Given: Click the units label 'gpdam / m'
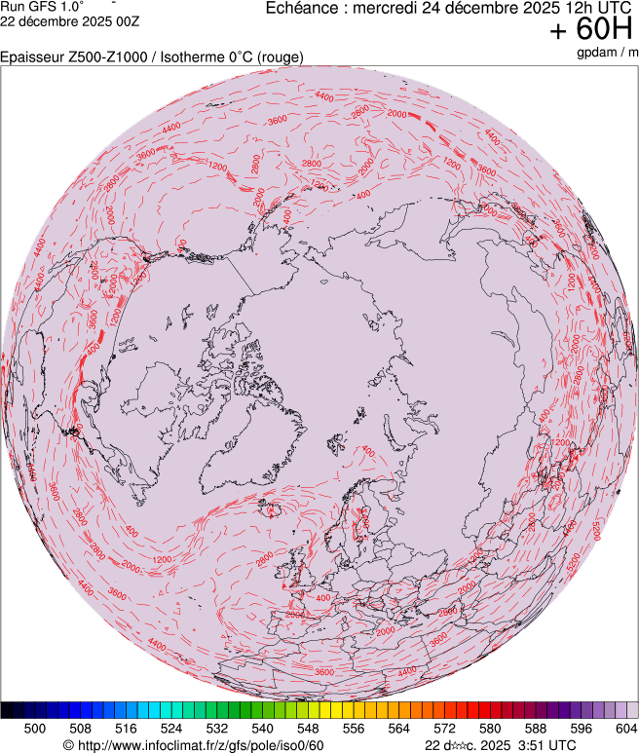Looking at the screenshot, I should tap(606, 52).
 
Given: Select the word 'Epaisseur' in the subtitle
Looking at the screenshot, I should tap(31, 57).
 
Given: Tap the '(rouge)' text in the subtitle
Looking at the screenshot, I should tap(281, 57).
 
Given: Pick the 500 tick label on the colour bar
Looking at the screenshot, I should tap(35, 728).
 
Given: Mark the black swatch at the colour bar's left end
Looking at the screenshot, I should tap(7, 711).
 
